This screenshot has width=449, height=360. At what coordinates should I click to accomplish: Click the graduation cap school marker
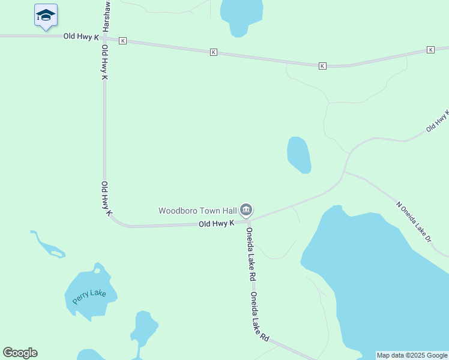coord(45,15)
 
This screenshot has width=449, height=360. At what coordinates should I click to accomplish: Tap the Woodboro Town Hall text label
coord(197,211)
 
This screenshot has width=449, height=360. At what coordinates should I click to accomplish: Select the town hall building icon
coord(246,210)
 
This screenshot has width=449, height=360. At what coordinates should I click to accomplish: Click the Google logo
coord(20,353)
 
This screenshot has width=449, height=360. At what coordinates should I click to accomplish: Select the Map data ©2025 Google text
coord(412,355)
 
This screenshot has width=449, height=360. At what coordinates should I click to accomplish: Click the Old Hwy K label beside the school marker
coord(81,37)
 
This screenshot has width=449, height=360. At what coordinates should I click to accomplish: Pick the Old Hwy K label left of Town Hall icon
coord(216,224)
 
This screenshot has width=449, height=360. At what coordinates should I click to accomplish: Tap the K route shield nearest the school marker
coord(122,40)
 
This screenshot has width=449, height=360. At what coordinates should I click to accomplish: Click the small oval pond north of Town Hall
coord(299,155)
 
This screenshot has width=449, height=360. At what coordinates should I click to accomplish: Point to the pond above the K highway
coord(241,15)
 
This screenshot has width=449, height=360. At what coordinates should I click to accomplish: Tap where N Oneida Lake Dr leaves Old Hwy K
coord(344,172)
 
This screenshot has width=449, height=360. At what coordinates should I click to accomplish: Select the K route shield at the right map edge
coord(430,49)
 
